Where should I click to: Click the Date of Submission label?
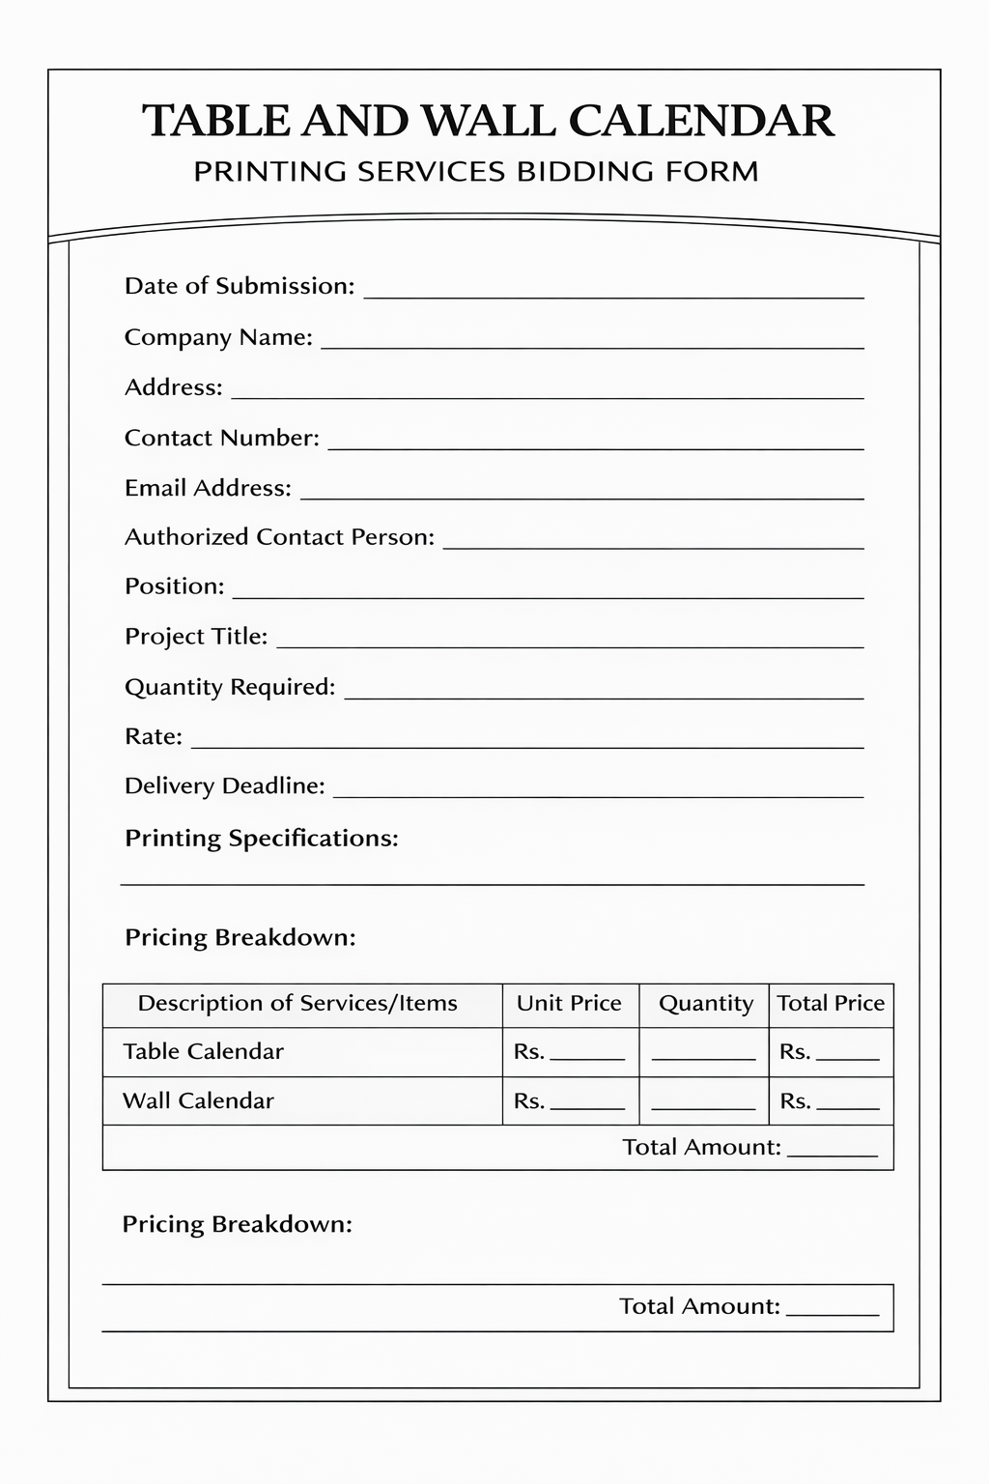point(240,286)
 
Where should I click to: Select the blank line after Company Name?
point(591,344)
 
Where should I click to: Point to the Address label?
point(174,387)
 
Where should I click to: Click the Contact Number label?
point(221,438)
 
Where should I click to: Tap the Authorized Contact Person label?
point(279,537)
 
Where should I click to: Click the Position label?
point(174,586)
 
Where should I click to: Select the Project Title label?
point(196,637)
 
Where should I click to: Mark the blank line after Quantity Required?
point(604,695)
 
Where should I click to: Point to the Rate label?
point(154,736)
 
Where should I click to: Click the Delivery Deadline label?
point(224,785)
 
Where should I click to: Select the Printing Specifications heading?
point(261,838)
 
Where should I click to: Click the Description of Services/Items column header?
point(297,1003)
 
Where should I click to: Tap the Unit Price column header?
point(569,1003)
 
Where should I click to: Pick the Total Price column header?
point(831,1003)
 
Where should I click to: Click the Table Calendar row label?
point(203,1051)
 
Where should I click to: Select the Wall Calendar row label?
point(198,1100)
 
